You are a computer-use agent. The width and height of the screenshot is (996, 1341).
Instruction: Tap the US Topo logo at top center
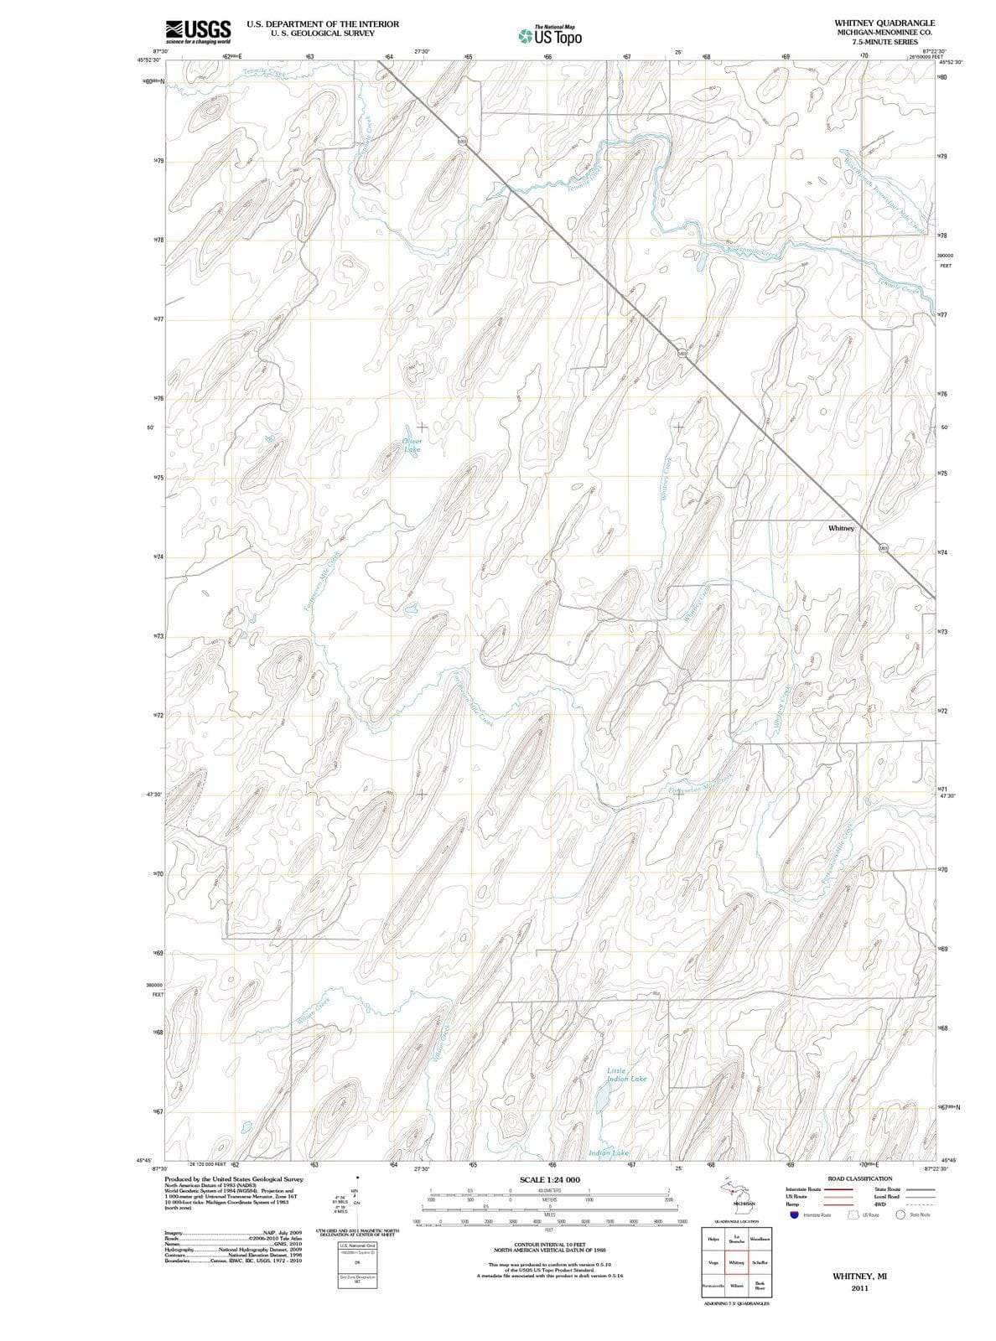coord(550,36)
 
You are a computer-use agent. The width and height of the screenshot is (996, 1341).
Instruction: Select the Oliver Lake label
coord(412,445)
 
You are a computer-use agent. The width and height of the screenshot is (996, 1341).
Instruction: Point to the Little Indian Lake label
coord(626,1074)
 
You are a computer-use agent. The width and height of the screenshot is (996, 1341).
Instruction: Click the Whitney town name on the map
coord(841,529)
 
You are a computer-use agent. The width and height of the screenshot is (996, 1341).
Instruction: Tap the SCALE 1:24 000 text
coord(549,1180)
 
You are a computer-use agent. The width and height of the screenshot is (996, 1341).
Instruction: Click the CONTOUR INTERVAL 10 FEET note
coord(549,1245)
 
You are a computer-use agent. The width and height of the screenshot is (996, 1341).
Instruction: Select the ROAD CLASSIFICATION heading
coord(860,1178)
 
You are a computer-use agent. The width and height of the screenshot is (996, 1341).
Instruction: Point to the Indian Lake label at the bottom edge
coord(609,1154)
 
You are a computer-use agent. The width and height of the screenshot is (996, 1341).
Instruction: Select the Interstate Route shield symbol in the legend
coord(793,1214)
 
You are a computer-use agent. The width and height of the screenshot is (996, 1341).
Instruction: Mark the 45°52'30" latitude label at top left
coord(150,60)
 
